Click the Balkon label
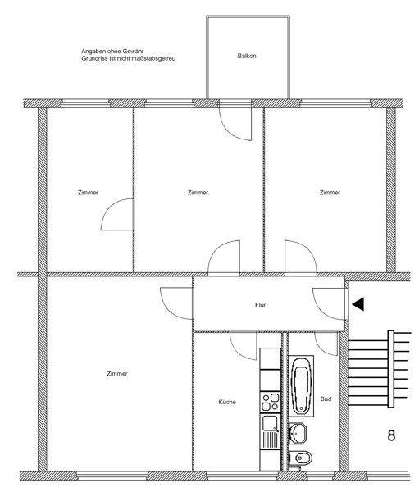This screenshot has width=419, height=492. pyautogui.click(x=247, y=56)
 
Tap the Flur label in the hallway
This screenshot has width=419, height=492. pyautogui.click(x=261, y=305)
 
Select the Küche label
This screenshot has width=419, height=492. pyautogui.click(x=227, y=402)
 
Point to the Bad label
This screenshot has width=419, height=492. pyautogui.click(x=326, y=399)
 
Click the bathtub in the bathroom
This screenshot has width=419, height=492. pyautogui.click(x=301, y=386)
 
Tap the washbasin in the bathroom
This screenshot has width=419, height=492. pyautogui.click(x=298, y=433)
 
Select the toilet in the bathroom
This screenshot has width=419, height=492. pyautogui.click(x=300, y=458)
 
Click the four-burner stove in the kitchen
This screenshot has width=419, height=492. pyautogui.click(x=271, y=403)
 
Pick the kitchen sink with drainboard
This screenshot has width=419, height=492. pyautogui.click(x=271, y=432)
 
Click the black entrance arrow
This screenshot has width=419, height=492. pyautogui.click(x=358, y=303)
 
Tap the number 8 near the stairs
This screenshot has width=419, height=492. pyautogui.click(x=391, y=435)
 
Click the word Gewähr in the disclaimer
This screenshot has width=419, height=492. pyautogui.click(x=133, y=51)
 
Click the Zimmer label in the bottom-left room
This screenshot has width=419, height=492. pyautogui.click(x=117, y=374)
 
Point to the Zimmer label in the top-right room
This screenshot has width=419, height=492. pyautogui.click(x=330, y=193)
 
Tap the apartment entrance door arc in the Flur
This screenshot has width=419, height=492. pyautogui.click(x=321, y=309)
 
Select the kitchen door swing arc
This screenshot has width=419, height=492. pyautogui.click(x=239, y=352)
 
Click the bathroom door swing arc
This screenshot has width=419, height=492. pyautogui.click(x=321, y=347)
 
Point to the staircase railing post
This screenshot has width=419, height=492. pyautogui.click(x=391, y=369)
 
